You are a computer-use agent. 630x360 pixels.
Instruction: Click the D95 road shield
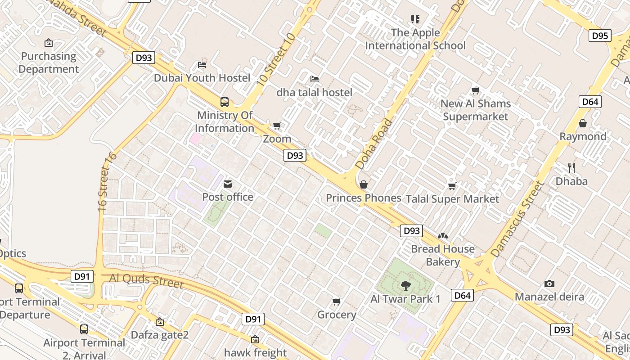pyautogui.click(x=600, y=36)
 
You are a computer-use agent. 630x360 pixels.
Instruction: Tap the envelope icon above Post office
pyautogui.click(x=228, y=184)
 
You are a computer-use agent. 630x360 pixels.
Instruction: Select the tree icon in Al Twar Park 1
pyautogui.click(x=405, y=285)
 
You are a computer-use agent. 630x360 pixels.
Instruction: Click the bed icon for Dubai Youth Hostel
pyautogui.click(x=202, y=64)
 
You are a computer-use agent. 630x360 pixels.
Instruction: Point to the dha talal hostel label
pyautogui.click(x=314, y=92)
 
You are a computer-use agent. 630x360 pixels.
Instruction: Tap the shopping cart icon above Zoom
pyautogui.click(x=277, y=126)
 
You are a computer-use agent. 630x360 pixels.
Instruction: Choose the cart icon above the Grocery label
pyautogui.click(x=336, y=301)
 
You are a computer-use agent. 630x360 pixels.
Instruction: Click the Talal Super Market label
pyautogui.click(x=452, y=199)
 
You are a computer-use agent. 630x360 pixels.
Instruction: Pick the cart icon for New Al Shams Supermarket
pyautogui.click(x=475, y=90)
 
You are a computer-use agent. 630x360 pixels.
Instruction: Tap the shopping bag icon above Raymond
pyautogui.click(x=583, y=123)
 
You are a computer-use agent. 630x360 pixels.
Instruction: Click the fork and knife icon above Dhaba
pyautogui.click(x=571, y=168)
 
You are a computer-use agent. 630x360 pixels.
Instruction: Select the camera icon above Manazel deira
pyautogui.click(x=549, y=283)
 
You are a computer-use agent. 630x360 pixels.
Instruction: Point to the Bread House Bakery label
pyautogui.click(x=443, y=255)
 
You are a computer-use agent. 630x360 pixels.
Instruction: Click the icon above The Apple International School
pyautogui.click(x=415, y=19)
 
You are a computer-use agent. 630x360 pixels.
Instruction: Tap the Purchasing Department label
pyautogui.click(x=49, y=63)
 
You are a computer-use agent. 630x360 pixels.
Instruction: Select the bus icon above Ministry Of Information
pyautogui.click(x=225, y=102)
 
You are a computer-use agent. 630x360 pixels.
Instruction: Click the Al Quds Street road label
pyautogui.click(x=146, y=280)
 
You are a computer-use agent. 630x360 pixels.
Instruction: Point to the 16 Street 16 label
pyautogui.click(x=107, y=182)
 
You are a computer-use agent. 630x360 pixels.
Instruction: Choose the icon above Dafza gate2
pyautogui.click(x=159, y=322)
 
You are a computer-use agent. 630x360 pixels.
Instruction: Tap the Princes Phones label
pyautogui.click(x=363, y=198)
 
